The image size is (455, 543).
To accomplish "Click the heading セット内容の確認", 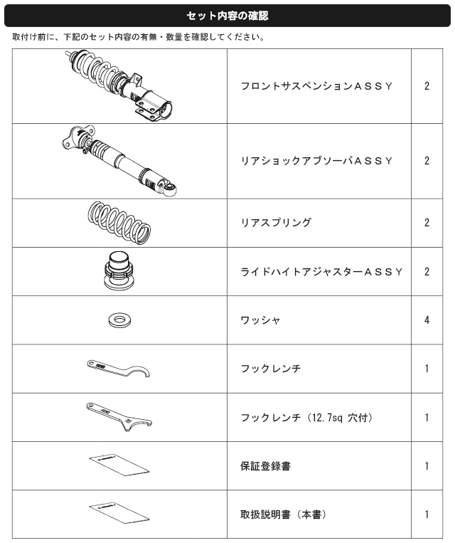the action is (227, 16).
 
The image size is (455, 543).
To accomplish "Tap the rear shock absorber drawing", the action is (119, 161).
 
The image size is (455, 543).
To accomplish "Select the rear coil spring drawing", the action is (119, 223).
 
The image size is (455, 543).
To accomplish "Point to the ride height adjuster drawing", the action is (119, 271).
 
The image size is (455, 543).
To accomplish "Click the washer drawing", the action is (120, 320).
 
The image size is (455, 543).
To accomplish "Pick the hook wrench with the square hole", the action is (119, 416).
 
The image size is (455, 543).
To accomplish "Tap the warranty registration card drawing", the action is (119, 465).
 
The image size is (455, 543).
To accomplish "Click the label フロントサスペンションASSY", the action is (316, 86).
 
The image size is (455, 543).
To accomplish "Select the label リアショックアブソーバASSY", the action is (316, 161).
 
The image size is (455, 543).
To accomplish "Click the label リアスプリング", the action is (276, 222).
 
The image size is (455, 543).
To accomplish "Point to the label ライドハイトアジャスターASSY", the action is (321, 272).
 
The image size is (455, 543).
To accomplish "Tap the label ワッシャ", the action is (260, 320).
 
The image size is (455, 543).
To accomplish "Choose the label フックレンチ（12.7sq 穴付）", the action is (306, 417).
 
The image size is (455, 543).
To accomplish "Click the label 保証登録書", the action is (265, 465).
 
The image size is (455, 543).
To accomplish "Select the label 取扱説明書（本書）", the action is (284, 515).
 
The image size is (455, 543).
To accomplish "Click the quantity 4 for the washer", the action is (427, 320).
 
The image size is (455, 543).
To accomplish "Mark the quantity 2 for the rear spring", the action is (427, 222).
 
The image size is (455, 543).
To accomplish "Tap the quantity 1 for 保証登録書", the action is (427, 465).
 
